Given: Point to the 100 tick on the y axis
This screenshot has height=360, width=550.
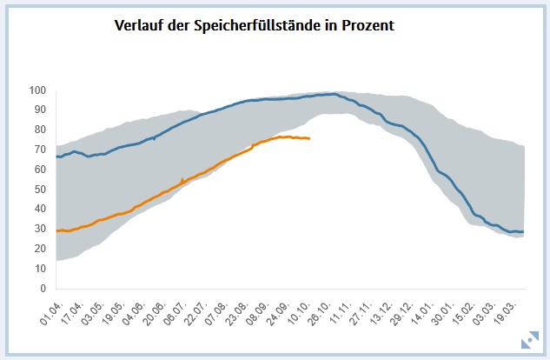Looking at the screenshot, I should tap(37, 90).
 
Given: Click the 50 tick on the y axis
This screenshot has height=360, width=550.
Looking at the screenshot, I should tap(40, 190).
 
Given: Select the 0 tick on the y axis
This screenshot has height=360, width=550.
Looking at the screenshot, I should tap(43, 289).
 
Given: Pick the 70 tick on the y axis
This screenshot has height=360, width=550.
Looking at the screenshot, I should tap(40, 150).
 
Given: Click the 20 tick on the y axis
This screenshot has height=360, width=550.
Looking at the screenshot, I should tap(40, 249).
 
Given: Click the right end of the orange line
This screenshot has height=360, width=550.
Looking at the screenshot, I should tap(309, 138).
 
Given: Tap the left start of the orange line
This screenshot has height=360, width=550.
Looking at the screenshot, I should tap(56, 230).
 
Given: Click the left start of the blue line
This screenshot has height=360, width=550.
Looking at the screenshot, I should tap(56, 157).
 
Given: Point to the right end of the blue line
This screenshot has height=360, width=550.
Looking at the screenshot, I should tap(524, 231).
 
